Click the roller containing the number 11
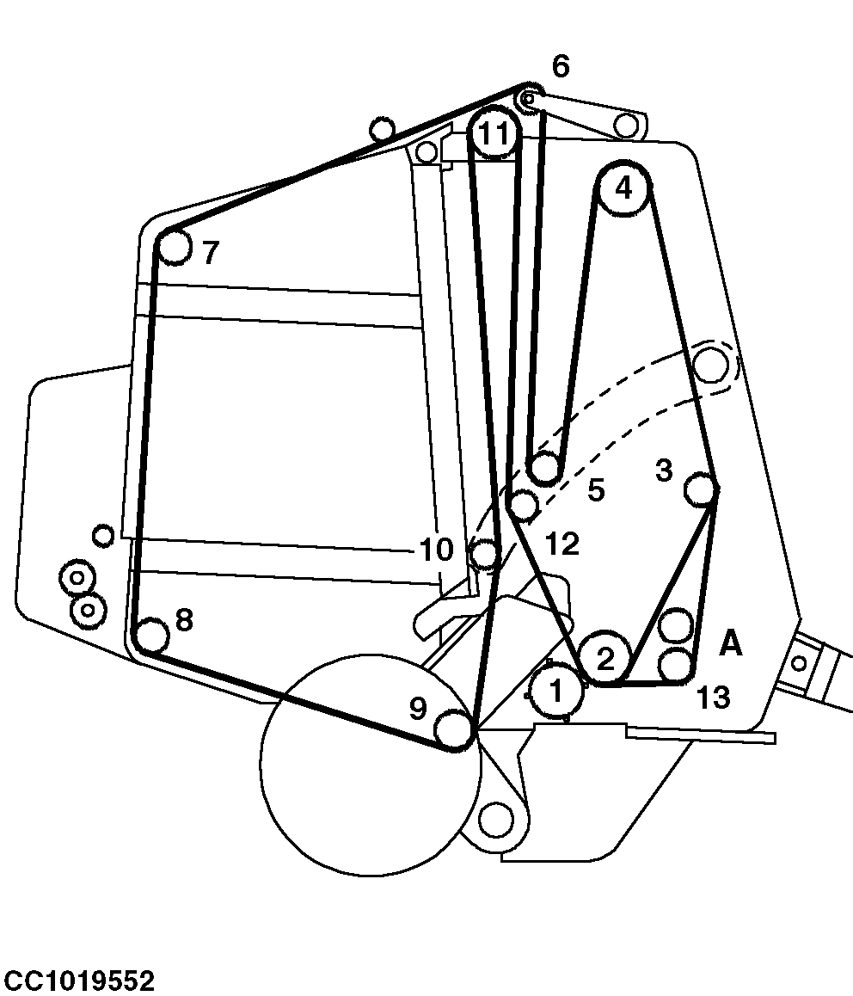[x=494, y=133]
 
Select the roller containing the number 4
[x=623, y=188]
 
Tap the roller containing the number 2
[x=606, y=659]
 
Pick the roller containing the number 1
[x=556, y=692]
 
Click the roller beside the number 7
[x=174, y=247]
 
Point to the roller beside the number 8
[x=152, y=636]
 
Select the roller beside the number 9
[x=455, y=729]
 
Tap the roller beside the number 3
[x=702, y=489]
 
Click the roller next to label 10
[x=484, y=553]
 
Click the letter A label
[x=730, y=644]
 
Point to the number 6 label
[x=561, y=66]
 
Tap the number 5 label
[x=596, y=490]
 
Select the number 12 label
[x=562, y=544]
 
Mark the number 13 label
[x=713, y=698]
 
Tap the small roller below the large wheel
[x=495, y=820]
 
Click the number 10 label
[x=436, y=550]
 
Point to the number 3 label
[x=663, y=470]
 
